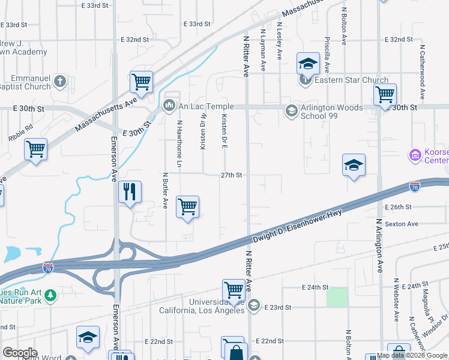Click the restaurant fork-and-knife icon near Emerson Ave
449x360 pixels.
click(x=130, y=193)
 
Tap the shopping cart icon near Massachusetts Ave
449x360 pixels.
click(x=141, y=81)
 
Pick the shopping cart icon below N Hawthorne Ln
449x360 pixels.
click(x=188, y=207)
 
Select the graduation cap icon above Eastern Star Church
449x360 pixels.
click(x=308, y=62)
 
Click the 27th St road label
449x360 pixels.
click(x=231, y=175)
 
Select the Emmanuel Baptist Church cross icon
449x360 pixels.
click(x=59, y=80)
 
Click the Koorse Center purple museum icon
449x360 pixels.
click(x=415, y=155)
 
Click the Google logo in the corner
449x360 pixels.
click(x=20, y=353)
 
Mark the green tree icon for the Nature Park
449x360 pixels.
click(x=51, y=295)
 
